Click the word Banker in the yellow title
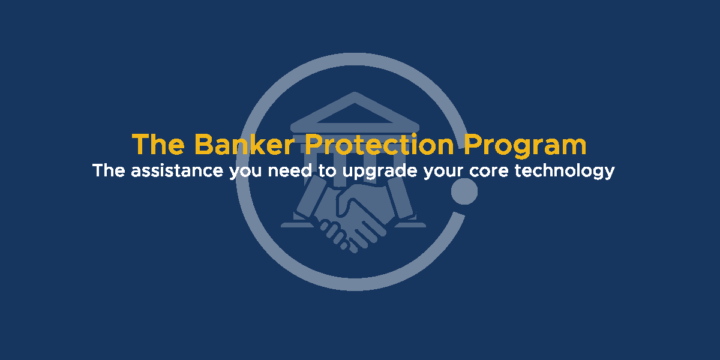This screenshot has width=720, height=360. [245, 145]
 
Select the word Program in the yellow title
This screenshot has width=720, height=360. [525, 146]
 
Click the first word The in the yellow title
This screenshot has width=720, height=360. [158, 145]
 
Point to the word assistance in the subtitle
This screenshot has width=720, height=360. [177, 170]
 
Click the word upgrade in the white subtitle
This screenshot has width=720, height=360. [380, 172]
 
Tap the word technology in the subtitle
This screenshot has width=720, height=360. [565, 172]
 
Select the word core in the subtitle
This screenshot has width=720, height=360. [489, 172]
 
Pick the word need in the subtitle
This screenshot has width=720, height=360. [290, 170]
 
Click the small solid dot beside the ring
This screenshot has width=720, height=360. [464, 191]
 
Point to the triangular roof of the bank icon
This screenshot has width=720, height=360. [355, 113]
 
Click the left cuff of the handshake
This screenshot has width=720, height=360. [311, 197]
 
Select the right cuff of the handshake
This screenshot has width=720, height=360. [400, 197]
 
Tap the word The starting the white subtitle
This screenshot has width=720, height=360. [109, 170]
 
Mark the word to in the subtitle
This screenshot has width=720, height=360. [327, 171]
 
